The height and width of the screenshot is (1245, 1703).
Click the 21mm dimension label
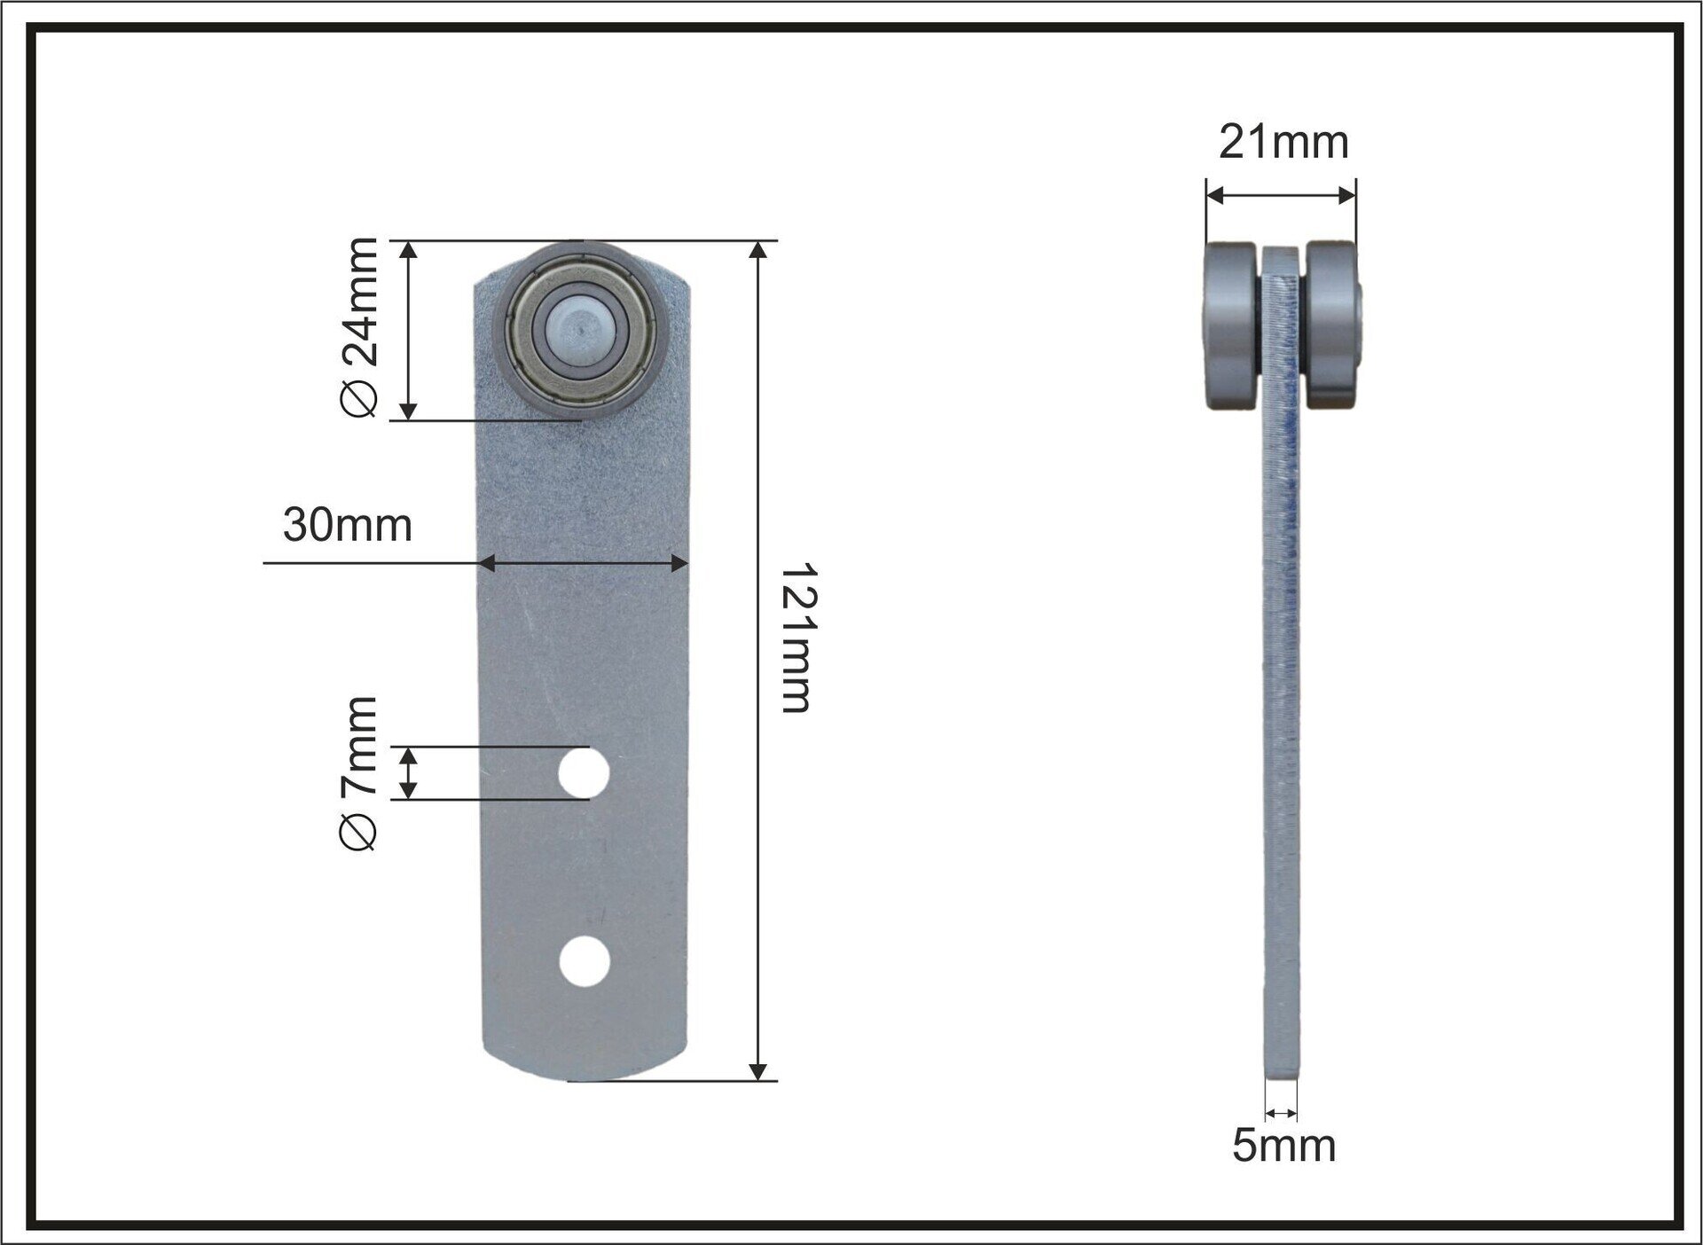pos(1283,142)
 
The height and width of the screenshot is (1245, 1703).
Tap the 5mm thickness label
pos(1283,1146)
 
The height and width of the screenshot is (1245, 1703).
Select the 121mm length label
pos(796,638)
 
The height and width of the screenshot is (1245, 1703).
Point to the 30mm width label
pos(348,525)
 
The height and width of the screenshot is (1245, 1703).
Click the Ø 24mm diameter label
pos(359,327)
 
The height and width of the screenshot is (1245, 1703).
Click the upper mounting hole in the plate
pos(584,773)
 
